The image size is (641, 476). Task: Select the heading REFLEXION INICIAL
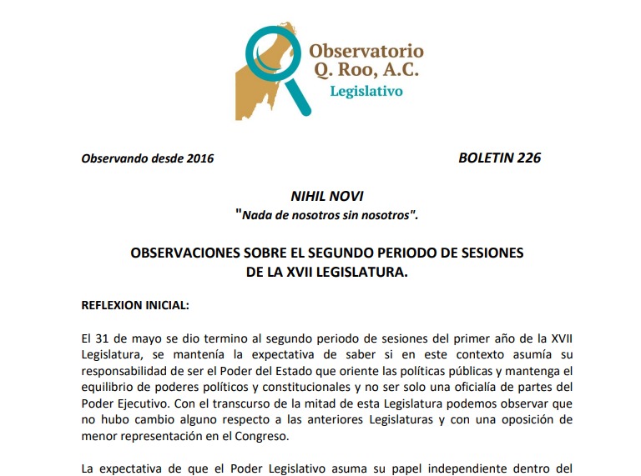click(x=135, y=305)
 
